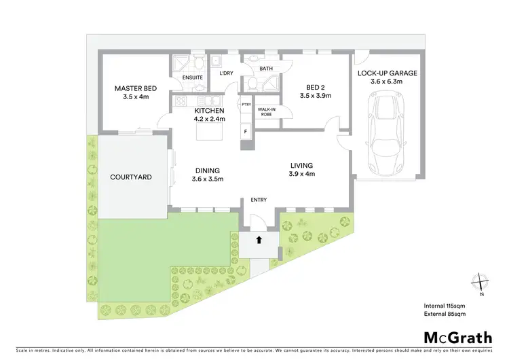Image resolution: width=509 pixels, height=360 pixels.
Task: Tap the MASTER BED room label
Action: pos(136,88)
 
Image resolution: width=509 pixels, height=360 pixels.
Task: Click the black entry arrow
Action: pos(259,239)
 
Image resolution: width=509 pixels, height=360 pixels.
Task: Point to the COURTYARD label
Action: pos(130,177)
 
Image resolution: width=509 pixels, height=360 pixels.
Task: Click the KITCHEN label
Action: pos(210,110)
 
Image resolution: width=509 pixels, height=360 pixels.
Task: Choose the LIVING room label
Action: pos(301,165)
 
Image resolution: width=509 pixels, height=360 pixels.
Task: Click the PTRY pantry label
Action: pos(245,105)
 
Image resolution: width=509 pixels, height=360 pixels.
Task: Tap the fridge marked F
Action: pos(244,130)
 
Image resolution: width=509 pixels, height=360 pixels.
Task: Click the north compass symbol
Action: pos(480,281)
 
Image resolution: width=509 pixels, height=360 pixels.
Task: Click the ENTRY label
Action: pos(259,199)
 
